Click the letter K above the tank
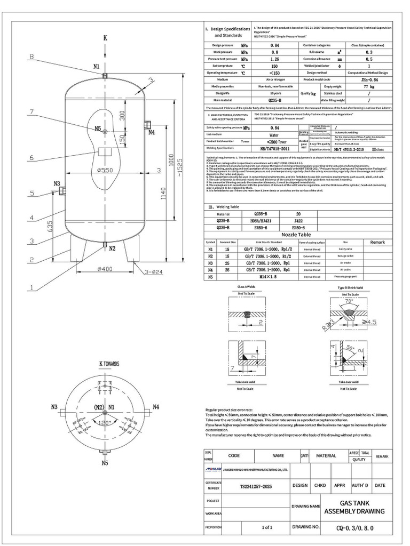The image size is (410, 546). tap(105, 38)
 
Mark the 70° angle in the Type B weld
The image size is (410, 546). tap(350, 301)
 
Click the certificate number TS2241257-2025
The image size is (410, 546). tap(253, 486)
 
